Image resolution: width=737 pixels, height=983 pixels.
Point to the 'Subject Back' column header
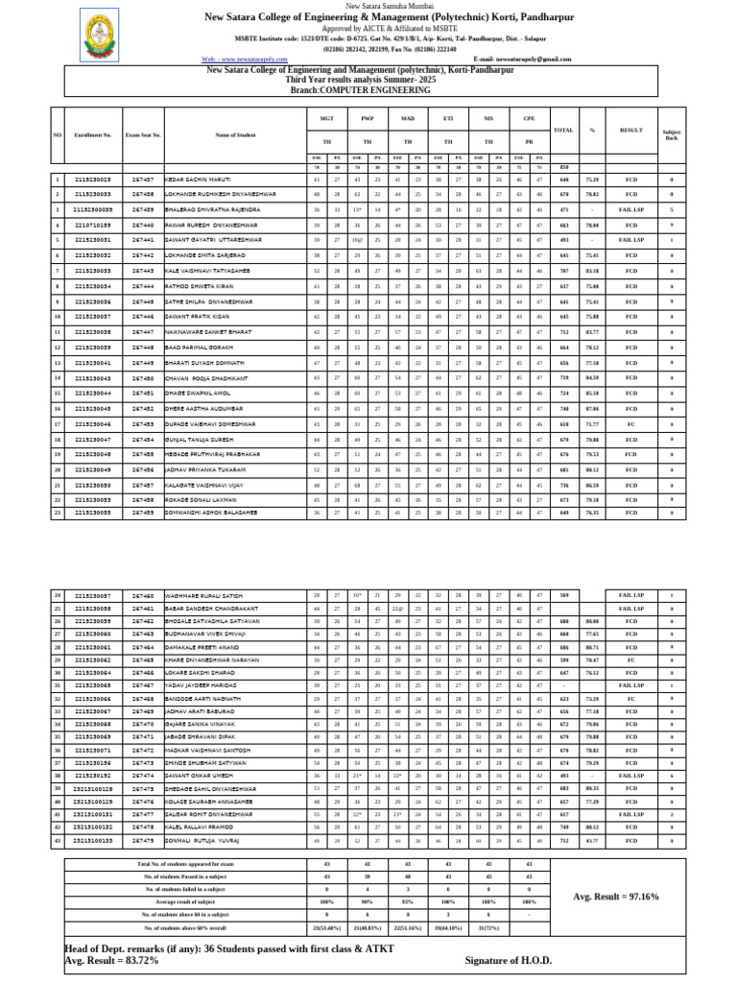click(x=671, y=135)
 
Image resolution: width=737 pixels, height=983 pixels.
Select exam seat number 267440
click(x=144, y=225)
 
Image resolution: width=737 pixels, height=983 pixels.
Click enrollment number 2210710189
click(x=93, y=225)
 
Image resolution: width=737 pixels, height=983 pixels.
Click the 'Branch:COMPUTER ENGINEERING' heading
click(x=368, y=88)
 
